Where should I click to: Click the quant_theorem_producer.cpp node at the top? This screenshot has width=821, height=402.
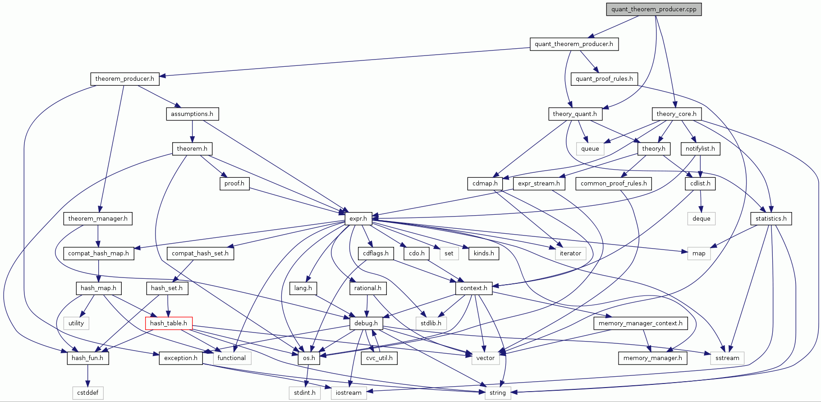pos(654,9)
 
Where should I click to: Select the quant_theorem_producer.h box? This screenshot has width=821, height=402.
pos(573,44)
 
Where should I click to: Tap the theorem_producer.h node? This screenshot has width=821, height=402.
pos(124,79)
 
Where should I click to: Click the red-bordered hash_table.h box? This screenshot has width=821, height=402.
pos(169,323)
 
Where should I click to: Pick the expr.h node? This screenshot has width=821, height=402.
pos(358,219)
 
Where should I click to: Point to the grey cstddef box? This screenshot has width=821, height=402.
pos(88,393)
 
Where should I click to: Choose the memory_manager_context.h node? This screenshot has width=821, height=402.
pos(640,323)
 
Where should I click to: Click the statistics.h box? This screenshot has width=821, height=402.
pos(771,219)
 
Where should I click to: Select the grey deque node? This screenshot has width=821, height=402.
pos(701,219)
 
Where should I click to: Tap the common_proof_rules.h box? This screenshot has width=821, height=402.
pos(614,184)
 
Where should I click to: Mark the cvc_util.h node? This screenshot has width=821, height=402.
pos(379,358)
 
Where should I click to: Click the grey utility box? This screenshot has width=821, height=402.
pos(76,323)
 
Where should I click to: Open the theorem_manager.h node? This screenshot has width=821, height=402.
pos(98,219)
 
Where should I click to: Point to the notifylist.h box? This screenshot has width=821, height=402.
pos(700,149)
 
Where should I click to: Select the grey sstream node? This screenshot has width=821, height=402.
pos(727,358)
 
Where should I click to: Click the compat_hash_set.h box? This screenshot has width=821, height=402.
pos(200,254)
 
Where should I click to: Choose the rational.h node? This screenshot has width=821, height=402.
pos(367,288)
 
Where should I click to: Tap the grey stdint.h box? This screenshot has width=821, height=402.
pos(305,393)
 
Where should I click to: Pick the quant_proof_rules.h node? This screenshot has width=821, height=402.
pos(604,79)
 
